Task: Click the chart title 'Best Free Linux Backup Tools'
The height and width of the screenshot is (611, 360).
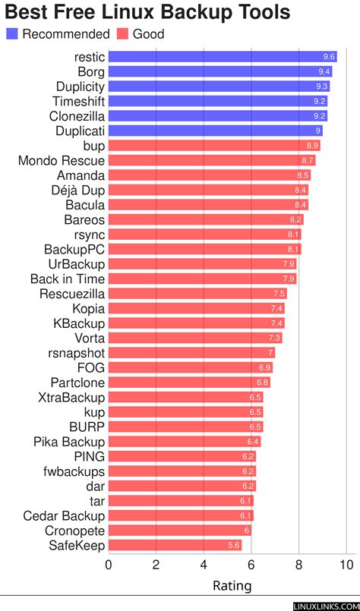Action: [147, 12]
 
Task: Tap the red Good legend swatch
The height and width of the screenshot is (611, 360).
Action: [122, 34]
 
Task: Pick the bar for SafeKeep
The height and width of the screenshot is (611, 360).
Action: [175, 545]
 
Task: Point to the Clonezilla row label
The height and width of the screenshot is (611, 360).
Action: [77, 116]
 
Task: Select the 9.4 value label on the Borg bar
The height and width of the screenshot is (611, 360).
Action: [325, 71]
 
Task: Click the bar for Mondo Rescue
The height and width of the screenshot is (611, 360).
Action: [212, 160]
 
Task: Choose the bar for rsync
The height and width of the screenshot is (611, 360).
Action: [205, 235]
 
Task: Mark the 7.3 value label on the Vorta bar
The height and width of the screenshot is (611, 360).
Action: [275, 338]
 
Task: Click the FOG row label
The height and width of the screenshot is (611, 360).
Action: [91, 367]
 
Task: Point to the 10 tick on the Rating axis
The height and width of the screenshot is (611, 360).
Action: [347, 565]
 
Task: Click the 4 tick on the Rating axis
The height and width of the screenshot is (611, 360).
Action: [204, 565]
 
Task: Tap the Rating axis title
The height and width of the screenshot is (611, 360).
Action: [232, 586]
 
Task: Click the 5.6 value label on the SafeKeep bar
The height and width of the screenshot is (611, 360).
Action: [234, 546]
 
